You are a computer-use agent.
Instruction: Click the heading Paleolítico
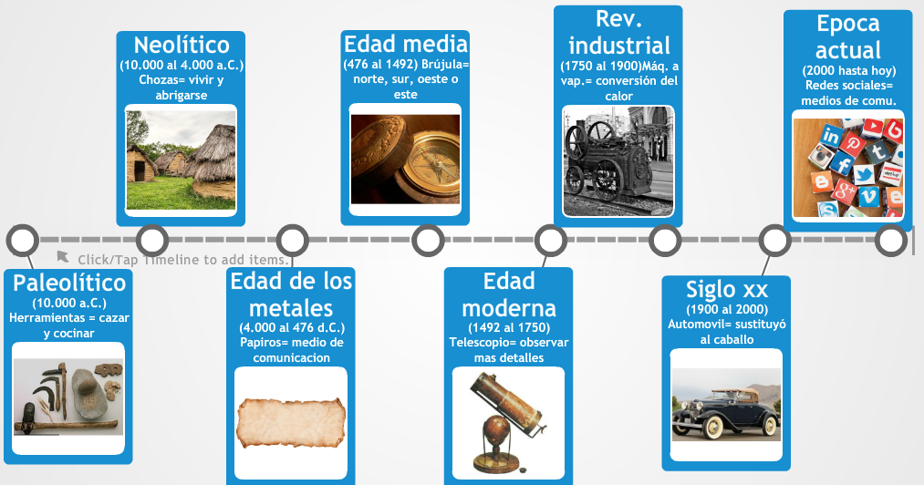tap(69, 283)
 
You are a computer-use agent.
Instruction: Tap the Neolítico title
tap(182, 45)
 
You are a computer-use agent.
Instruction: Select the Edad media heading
tap(405, 44)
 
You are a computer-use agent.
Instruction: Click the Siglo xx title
tap(726, 290)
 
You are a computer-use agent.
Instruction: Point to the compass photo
tap(405, 159)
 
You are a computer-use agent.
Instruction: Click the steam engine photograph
tap(618, 161)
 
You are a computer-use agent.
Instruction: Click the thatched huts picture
tap(181, 160)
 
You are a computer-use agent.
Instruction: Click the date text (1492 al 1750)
tap(508, 327)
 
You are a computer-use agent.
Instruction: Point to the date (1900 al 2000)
tap(726, 310)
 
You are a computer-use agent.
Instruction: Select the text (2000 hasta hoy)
tap(848, 70)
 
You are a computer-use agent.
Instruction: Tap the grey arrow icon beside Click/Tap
tap(63, 257)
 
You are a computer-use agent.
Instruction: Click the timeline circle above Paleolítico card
tap(23, 241)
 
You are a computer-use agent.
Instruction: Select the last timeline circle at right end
tap(890, 241)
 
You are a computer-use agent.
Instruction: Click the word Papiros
tap(262, 343)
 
